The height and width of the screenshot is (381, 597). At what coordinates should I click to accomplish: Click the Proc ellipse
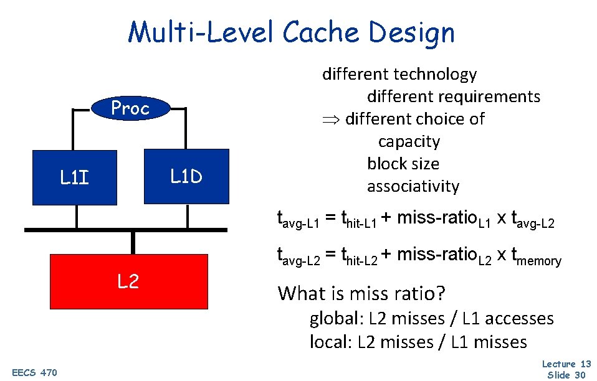tap(130, 109)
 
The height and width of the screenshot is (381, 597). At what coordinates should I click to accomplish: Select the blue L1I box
tap(75, 177)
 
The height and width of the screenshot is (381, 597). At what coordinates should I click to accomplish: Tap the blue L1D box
tap(186, 177)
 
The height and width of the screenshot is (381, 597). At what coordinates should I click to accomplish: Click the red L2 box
tap(128, 282)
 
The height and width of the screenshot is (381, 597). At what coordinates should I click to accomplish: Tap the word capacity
tap(409, 141)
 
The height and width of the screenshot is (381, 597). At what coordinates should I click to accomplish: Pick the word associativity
tap(413, 186)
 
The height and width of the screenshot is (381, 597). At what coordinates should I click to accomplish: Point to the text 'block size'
tap(403, 164)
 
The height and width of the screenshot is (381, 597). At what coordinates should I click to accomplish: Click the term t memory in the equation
tap(536, 255)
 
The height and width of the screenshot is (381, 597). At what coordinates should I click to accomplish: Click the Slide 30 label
tap(566, 374)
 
